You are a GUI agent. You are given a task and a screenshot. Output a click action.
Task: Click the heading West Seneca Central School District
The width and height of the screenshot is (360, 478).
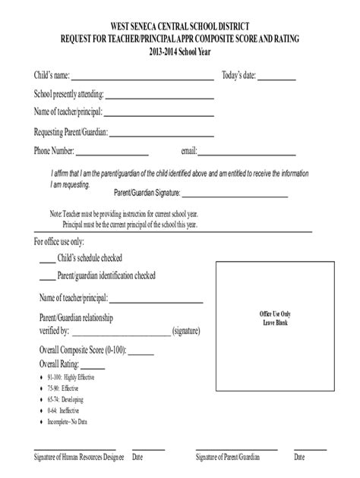[x=179, y=26]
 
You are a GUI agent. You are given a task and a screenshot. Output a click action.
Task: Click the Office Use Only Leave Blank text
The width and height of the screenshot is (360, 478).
[x=275, y=317]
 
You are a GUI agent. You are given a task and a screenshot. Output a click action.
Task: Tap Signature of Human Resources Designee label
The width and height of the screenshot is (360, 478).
[x=77, y=458]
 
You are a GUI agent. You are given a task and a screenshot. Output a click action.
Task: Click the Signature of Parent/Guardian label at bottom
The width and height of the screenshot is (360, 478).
[x=228, y=458]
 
